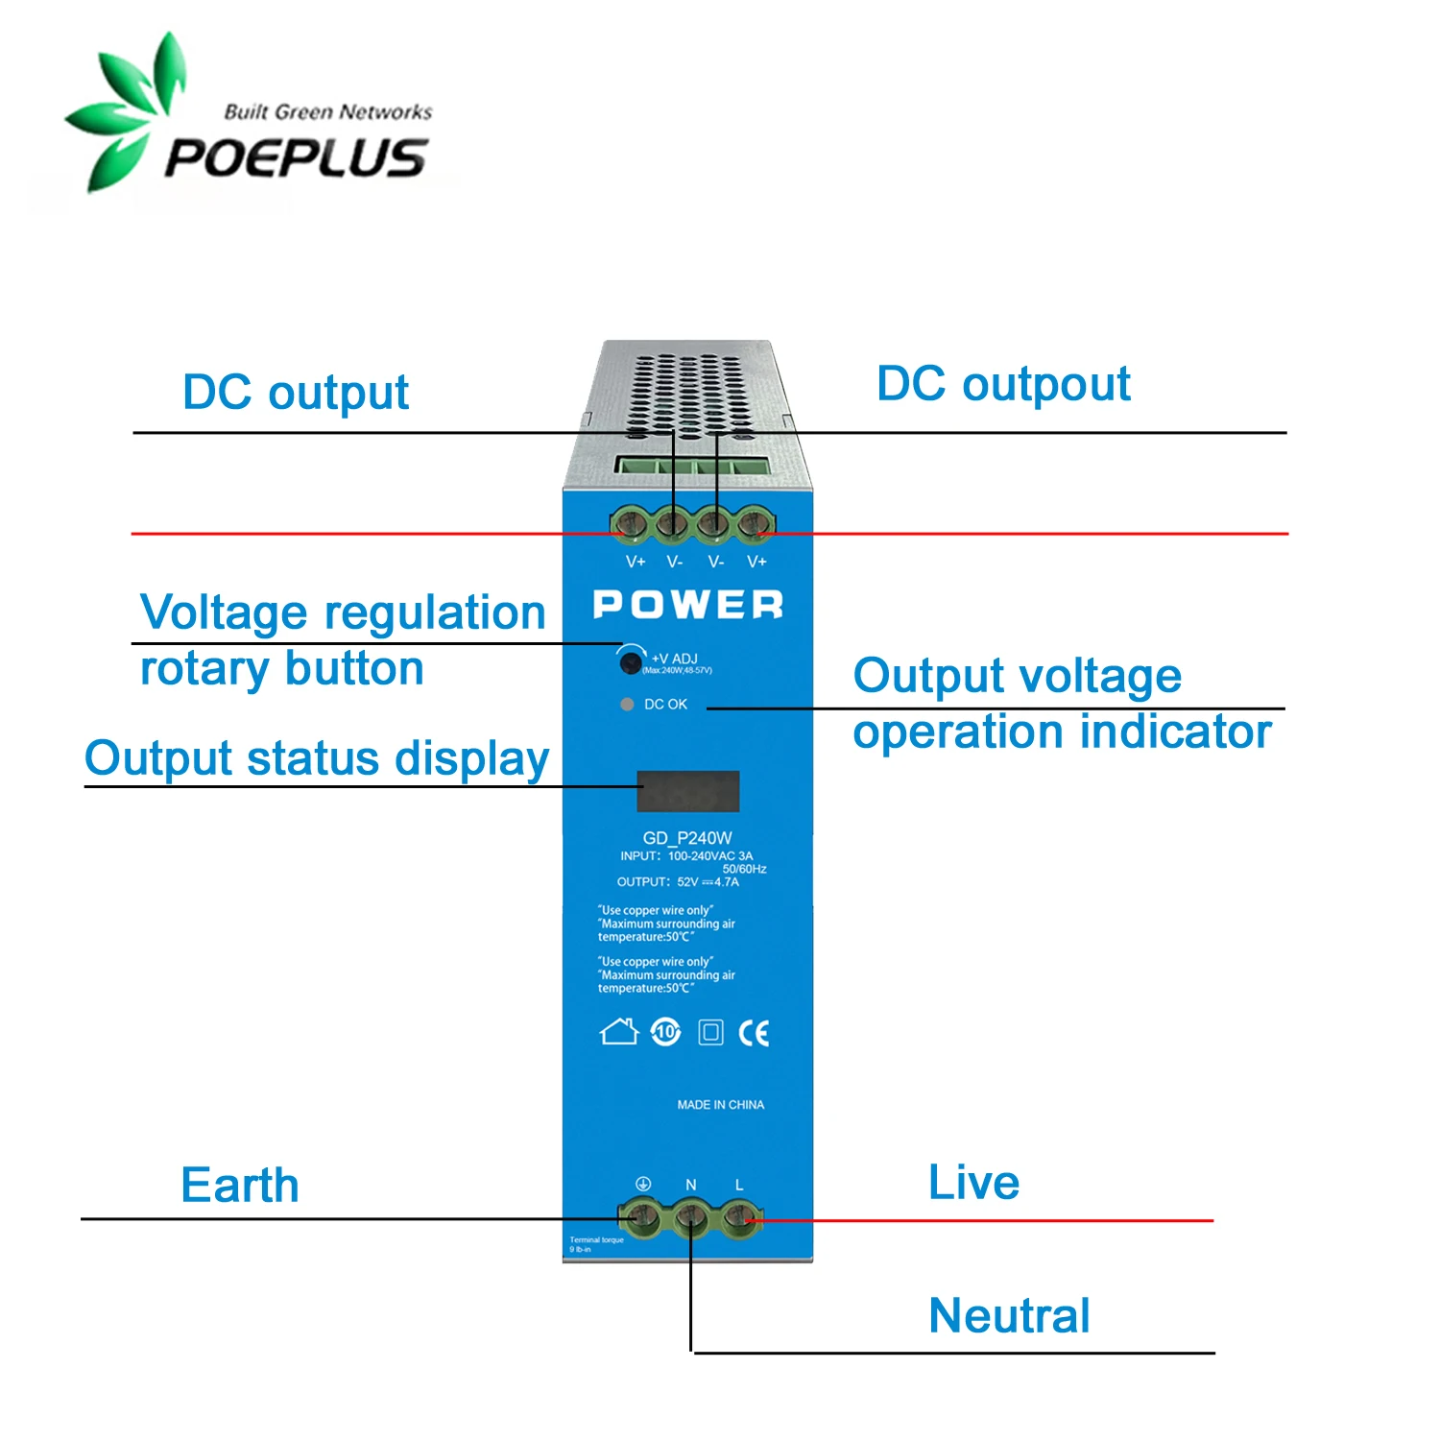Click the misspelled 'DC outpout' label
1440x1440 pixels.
pyautogui.click(x=1003, y=384)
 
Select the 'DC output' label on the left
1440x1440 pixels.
pyautogui.click(x=296, y=393)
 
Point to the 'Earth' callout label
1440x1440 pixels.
pyautogui.click(x=240, y=1186)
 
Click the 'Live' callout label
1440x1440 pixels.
pyautogui.click(x=973, y=1183)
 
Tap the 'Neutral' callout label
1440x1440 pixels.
pyautogui.click(x=1009, y=1315)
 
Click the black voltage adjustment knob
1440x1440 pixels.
pyautogui.click(x=631, y=660)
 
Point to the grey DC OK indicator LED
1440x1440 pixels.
pyautogui.click(x=627, y=705)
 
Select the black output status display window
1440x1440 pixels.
pyautogui.click(x=688, y=791)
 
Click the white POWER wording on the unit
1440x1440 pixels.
pyautogui.click(x=688, y=605)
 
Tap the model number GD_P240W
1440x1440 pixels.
pyautogui.click(x=687, y=838)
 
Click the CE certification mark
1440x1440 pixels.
pyautogui.click(x=754, y=1033)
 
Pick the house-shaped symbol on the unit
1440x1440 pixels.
pyautogui.click(x=619, y=1032)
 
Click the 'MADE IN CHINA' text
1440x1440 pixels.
pyautogui.click(x=721, y=1105)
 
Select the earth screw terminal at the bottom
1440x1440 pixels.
pyautogui.click(x=639, y=1218)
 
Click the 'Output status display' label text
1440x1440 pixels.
pyautogui.click(x=317, y=758)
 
